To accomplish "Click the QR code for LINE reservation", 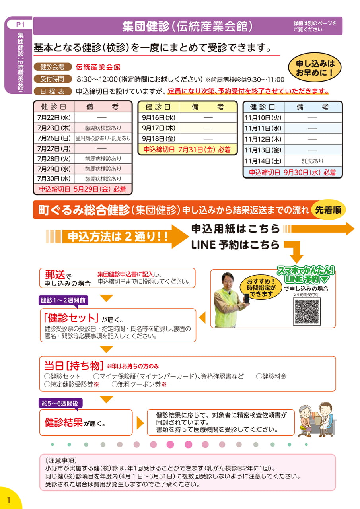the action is tap(307, 312).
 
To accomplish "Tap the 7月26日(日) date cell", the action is tap(54, 138).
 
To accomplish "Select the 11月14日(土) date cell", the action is tap(263, 161).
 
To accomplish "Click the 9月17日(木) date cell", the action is tap(159, 128).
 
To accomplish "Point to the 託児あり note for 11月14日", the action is tap(313, 161).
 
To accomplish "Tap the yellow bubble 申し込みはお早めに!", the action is tap(315, 68).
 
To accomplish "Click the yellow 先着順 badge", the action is tap(328, 210).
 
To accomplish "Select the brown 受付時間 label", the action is tap(52, 79).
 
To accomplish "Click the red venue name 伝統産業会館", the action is tap(98, 67).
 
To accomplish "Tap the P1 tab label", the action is tap(20, 24).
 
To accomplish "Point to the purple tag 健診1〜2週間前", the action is tap(63, 300).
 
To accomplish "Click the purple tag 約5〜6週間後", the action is tap(60, 403).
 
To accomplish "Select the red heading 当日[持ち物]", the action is tap(74, 365).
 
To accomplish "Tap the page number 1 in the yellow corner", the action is tap(9, 500).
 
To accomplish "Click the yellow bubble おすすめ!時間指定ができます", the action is tap(261, 288).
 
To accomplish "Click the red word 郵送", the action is tap(55, 275).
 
